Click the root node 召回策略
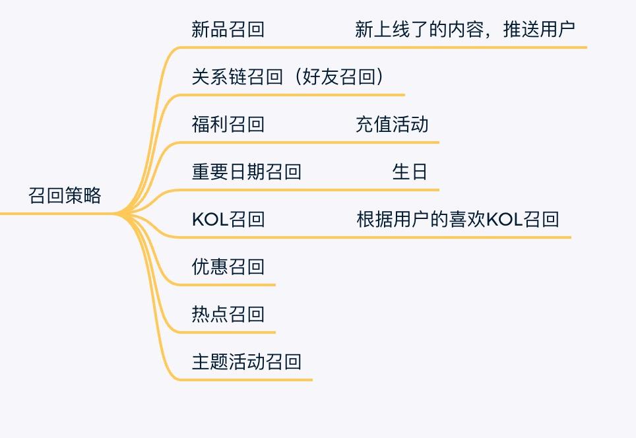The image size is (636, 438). (x=65, y=196)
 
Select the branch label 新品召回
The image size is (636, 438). (x=228, y=30)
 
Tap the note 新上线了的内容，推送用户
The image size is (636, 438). (x=464, y=30)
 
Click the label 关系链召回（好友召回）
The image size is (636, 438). (x=288, y=77)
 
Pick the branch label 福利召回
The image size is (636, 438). (x=228, y=125)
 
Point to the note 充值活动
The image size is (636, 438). (x=392, y=125)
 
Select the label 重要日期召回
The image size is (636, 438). (x=246, y=172)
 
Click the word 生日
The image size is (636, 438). (x=410, y=172)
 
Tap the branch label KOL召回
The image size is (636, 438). (x=228, y=220)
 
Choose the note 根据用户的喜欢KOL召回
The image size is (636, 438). (x=457, y=220)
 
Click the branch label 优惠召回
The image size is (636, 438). (x=228, y=267)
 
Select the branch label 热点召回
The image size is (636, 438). (x=228, y=315)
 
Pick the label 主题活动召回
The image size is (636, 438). (x=246, y=362)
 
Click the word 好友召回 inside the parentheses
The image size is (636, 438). (x=338, y=77)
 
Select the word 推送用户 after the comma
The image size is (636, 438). (x=538, y=30)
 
